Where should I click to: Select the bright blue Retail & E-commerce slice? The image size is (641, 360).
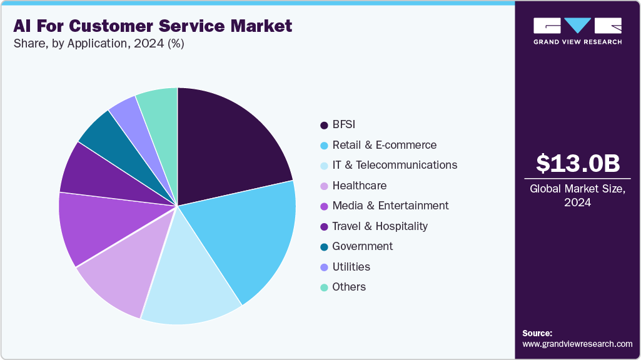(250, 237)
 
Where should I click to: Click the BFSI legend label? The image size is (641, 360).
(344, 124)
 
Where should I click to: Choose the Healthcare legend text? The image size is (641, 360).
(360, 186)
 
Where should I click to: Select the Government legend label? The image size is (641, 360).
(363, 246)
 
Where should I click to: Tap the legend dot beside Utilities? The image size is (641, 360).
(324, 267)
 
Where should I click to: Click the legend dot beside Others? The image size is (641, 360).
(324, 287)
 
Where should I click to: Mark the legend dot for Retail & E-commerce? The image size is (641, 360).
(324, 145)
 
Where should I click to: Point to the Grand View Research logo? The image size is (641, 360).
(577, 31)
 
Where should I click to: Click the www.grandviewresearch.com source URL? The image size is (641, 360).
(577, 344)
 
